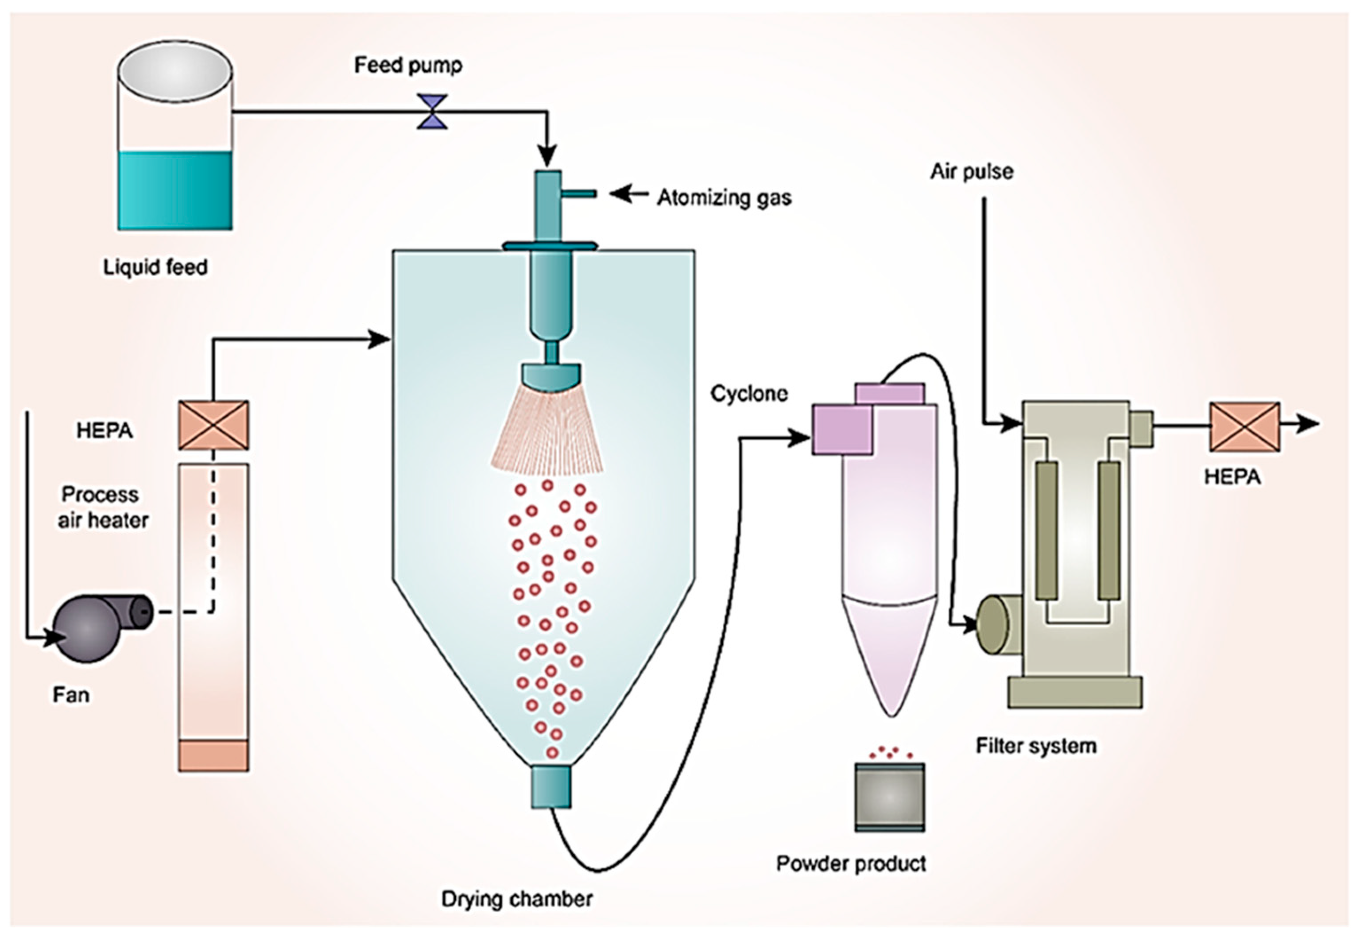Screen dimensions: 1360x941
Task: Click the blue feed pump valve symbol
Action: (432, 112)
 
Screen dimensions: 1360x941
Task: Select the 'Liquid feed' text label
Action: (155, 267)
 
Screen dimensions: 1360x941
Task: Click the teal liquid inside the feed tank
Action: (174, 190)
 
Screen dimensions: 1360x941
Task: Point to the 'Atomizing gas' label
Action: (724, 197)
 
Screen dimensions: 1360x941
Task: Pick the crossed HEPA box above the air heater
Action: (213, 425)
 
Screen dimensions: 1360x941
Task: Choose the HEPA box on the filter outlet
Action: (1245, 427)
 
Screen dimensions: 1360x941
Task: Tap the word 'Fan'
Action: (71, 695)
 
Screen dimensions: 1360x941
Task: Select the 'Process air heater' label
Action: (102, 507)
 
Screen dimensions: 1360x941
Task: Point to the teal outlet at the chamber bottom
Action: (551, 786)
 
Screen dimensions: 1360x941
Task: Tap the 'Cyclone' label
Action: (749, 393)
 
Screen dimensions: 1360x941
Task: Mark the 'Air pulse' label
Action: (972, 171)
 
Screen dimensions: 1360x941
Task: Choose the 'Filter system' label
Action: (1036, 746)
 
